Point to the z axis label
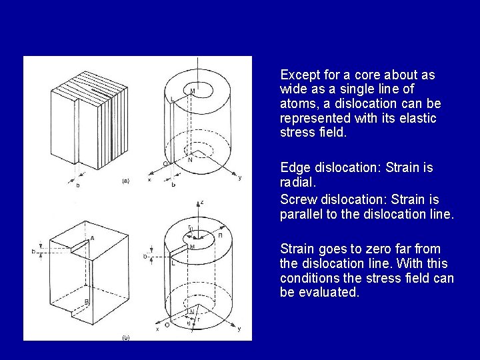[202, 201]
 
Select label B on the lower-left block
[86, 302]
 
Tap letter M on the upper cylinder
[193, 91]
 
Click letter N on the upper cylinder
[191, 159]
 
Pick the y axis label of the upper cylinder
[240, 177]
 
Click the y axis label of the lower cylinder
[239, 329]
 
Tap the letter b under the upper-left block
[78, 185]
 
